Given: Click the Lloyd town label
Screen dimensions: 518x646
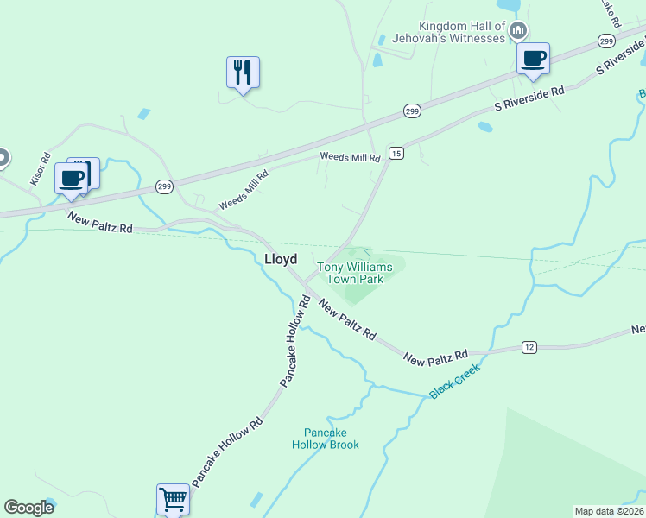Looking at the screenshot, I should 281,259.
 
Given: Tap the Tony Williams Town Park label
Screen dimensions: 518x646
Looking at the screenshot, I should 355,273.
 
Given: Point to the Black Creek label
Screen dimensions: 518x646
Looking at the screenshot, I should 454,381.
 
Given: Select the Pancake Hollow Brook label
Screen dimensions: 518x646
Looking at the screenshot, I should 331,439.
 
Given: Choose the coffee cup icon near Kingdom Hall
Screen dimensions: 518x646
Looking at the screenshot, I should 533,59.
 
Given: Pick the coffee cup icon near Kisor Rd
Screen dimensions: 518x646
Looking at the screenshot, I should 71,179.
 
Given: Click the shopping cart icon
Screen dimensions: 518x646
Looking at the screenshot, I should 173,498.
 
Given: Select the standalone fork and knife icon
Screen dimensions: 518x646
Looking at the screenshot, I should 244,72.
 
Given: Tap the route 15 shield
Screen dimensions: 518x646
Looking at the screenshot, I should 396,153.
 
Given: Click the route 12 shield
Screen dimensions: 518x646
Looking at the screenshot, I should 529,346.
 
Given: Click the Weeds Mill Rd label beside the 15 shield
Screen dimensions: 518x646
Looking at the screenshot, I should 350,158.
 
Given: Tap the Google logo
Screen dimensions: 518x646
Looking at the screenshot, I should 28,507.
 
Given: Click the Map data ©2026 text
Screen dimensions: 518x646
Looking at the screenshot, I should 609,511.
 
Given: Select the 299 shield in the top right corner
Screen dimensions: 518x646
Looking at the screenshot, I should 607,41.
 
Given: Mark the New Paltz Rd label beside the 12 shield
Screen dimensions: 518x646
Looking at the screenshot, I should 436,355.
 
